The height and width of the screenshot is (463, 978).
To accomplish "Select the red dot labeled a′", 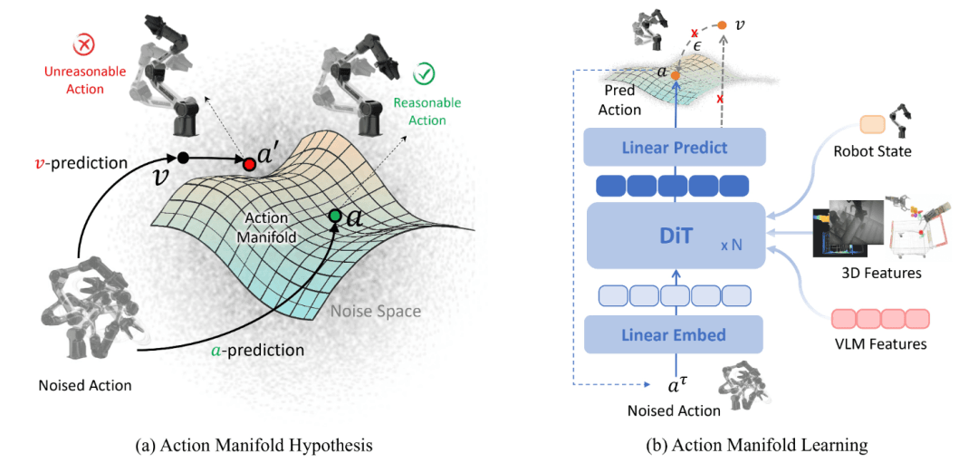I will click(248, 164).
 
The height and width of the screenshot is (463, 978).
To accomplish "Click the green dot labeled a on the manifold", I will click(336, 216).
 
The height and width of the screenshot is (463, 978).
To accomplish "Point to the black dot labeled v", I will click(183, 158).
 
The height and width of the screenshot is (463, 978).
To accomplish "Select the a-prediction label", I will click(262, 349).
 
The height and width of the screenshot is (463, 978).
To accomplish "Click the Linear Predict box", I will click(675, 147).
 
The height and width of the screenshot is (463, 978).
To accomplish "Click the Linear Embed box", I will click(675, 334).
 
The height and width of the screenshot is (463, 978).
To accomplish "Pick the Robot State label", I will click(871, 151).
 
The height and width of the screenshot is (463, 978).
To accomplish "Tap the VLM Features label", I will click(877, 343).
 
